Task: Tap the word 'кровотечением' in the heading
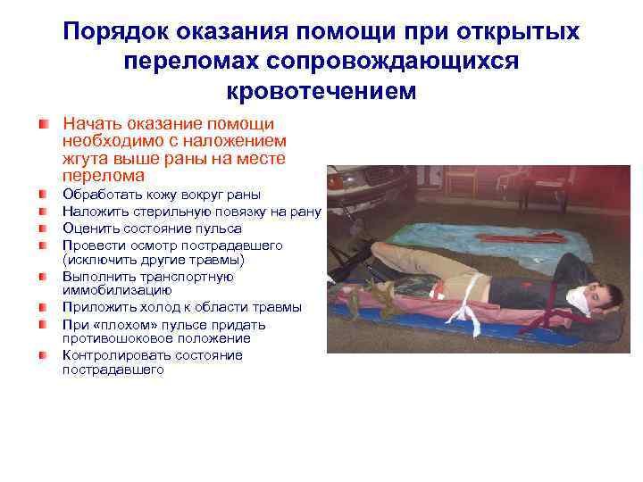coord(321,90)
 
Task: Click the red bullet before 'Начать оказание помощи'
coord(44,124)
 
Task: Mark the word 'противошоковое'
coord(115,338)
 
